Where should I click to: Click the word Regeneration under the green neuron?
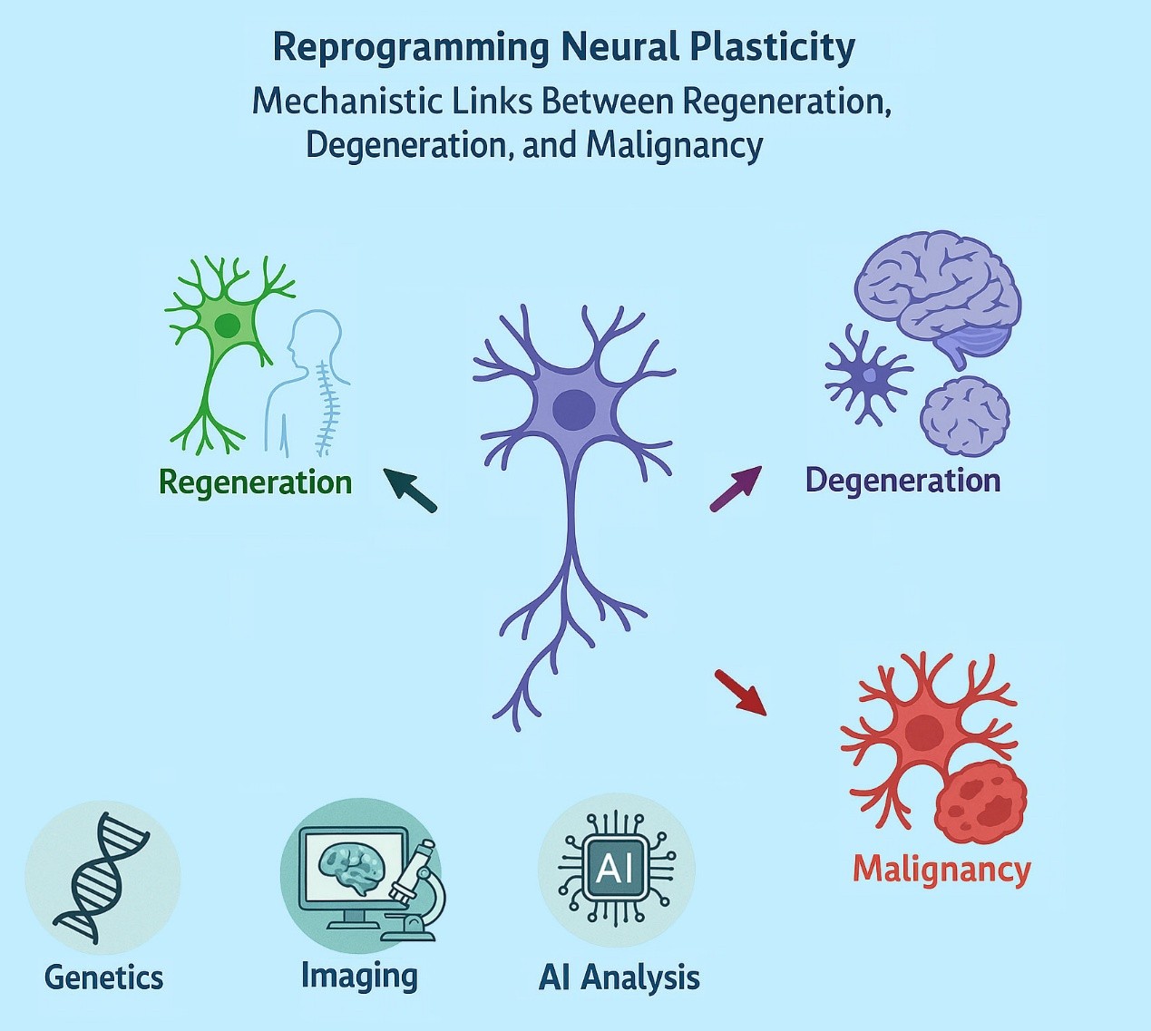point(255,481)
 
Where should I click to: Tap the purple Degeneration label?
point(902,480)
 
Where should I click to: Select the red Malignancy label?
point(941,869)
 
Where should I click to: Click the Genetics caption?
point(103,978)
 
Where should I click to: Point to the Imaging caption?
point(359,976)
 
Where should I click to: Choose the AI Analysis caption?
point(619,978)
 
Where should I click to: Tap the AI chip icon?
point(616,868)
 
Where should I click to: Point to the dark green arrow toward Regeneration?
point(410,490)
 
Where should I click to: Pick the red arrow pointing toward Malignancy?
point(740,692)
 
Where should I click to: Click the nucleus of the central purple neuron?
point(573,408)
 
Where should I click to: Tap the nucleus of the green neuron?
point(228,325)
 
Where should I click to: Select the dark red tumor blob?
point(980,802)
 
